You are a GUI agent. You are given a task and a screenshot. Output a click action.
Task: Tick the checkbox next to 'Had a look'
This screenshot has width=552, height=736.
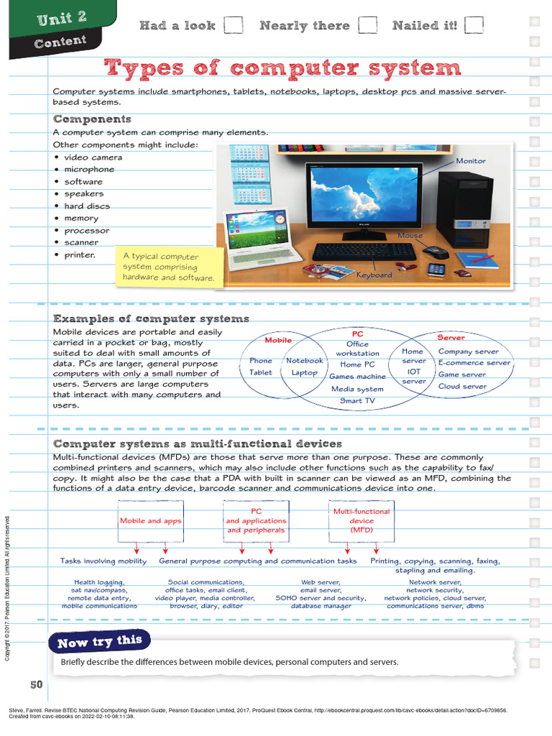click(233, 25)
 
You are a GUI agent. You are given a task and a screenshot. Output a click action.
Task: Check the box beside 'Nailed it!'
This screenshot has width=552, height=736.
click(474, 25)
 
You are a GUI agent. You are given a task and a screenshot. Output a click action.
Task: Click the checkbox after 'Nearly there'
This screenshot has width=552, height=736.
click(367, 25)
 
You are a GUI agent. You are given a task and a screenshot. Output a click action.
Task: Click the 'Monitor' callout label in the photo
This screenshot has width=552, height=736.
click(471, 161)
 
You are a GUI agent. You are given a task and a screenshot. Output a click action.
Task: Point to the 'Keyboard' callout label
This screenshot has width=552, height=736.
click(374, 275)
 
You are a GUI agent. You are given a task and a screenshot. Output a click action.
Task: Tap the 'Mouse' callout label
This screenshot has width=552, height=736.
click(410, 236)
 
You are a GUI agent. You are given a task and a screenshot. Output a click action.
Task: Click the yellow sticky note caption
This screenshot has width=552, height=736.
click(169, 267)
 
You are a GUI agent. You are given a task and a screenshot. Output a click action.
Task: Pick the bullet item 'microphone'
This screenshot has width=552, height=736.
click(89, 170)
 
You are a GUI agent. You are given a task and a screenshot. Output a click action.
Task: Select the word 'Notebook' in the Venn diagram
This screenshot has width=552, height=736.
click(305, 361)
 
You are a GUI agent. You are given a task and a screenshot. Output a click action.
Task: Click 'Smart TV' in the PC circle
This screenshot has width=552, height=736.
click(357, 400)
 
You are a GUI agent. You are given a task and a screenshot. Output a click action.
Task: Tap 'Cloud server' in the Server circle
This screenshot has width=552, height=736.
click(463, 386)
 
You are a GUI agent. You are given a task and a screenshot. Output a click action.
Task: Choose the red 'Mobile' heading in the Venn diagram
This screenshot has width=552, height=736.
click(278, 340)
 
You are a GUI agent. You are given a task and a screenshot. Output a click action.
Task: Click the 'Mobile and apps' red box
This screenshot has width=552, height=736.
click(151, 521)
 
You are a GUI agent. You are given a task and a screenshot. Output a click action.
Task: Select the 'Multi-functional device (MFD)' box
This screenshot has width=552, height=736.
click(362, 521)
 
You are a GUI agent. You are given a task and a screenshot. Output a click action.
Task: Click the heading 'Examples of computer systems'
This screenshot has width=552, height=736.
click(151, 318)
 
